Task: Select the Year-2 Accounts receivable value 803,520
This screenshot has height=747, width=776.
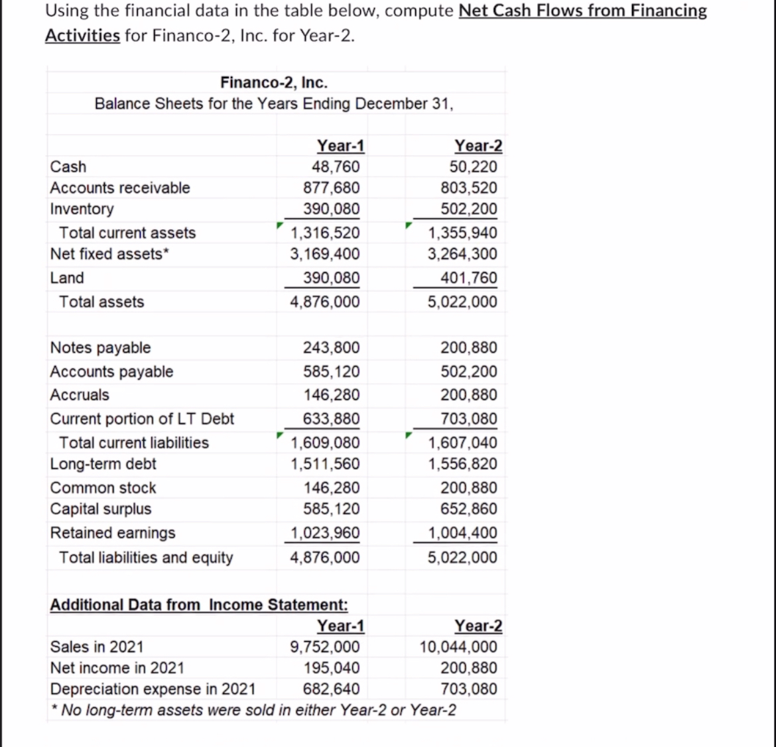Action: tap(469, 188)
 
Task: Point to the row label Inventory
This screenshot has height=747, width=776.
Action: tap(82, 209)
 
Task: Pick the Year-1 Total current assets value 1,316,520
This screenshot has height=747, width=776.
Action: tap(326, 233)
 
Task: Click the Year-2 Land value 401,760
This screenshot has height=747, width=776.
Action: tap(469, 278)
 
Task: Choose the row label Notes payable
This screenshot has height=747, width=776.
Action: tap(100, 348)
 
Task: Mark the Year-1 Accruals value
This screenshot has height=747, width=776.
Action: tap(331, 395)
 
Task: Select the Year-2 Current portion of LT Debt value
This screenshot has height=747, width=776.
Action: tap(469, 419)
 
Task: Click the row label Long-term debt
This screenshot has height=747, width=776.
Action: tap(103, 464)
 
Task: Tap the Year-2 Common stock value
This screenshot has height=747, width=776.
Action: tap(469, 488)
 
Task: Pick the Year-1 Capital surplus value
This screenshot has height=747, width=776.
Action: tap(331, 509)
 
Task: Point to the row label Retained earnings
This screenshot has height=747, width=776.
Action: tap(113, 533)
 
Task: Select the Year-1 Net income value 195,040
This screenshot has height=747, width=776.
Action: tap(331, 667)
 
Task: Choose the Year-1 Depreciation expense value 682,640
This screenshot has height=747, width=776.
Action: tap(331, 689)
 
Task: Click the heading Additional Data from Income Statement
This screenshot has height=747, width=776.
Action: tap(199, 604)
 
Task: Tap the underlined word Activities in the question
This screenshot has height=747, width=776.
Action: tap(82, 35)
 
